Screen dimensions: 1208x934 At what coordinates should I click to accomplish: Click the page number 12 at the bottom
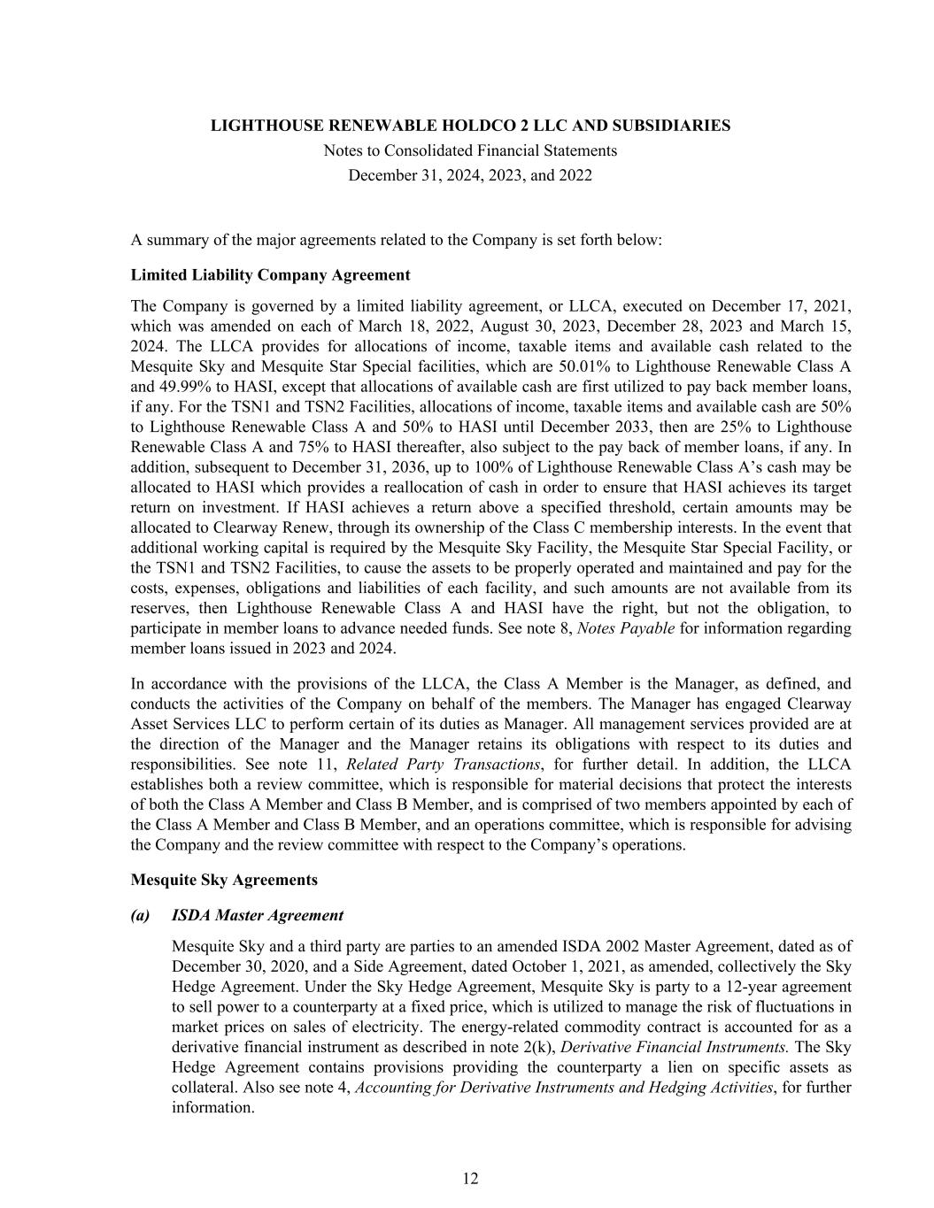[470, 1178]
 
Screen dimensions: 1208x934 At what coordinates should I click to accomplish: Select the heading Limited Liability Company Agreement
[270, 274]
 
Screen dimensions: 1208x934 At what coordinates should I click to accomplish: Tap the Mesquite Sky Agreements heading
[223, 880]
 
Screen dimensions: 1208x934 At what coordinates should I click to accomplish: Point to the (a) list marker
[140, 915]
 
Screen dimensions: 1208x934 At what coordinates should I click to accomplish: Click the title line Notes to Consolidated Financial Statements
[470, 150]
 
